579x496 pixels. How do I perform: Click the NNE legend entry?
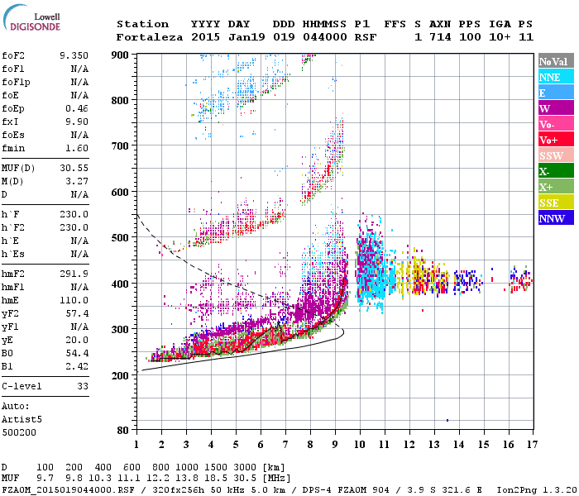tap(555, 77)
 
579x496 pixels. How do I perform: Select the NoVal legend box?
tap(555, 61)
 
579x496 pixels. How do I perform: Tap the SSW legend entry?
tap(555, 155)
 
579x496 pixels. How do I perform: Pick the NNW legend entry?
tap(555, 218)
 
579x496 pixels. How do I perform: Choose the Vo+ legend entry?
tap(555, 140)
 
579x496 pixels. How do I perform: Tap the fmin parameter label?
tap(14, 147)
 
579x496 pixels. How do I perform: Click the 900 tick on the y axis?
tap(121, 55)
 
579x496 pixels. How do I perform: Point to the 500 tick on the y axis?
tap(121, 238)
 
